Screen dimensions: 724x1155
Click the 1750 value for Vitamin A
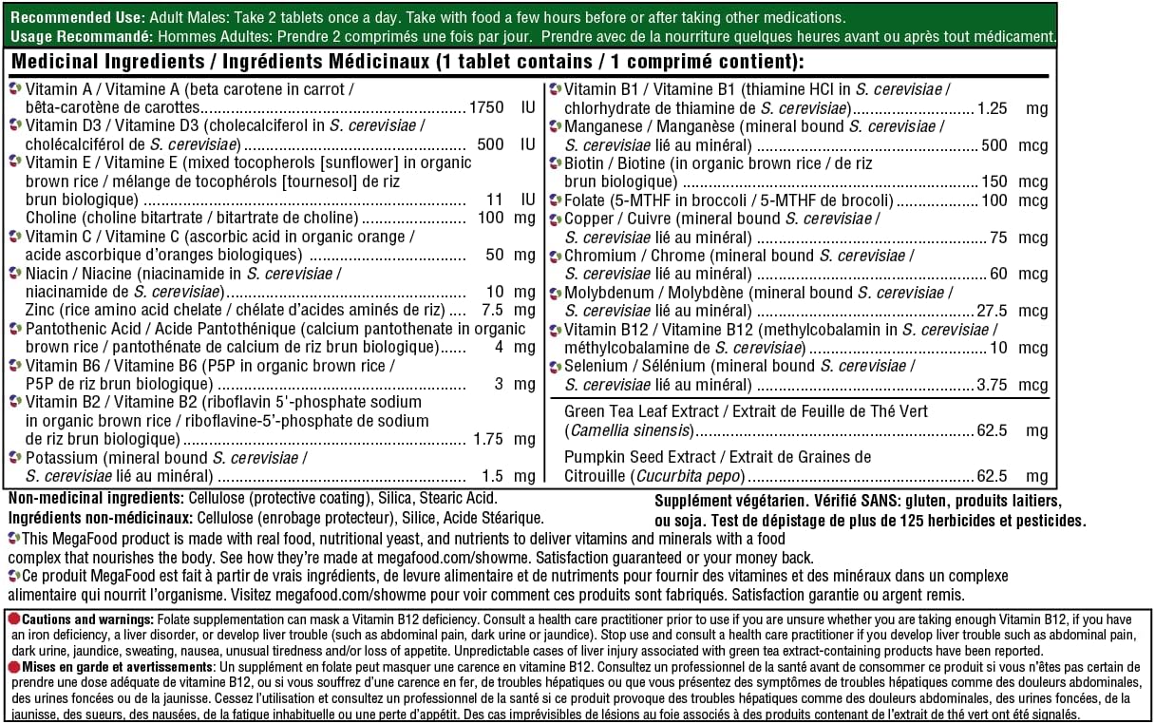pos(485,107)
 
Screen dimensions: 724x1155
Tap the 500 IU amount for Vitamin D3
pos(490,144)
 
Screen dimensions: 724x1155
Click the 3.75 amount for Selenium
pos(993,385)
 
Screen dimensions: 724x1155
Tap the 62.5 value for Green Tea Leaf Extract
pos(993,430)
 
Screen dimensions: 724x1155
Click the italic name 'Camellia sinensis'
pos(627,430)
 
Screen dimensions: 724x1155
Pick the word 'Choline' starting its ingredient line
pos(51,218)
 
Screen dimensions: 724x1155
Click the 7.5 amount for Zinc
pos(492,310)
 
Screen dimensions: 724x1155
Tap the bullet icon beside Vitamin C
pos(14,237)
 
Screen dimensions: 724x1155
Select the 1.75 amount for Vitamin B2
pos(488,440)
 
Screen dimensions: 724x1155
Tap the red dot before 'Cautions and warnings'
pos(14,619)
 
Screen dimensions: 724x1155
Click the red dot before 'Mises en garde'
pos(14,667)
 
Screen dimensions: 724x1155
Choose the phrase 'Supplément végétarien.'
pos(730,502)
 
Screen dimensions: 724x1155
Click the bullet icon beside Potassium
pos(14,458)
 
